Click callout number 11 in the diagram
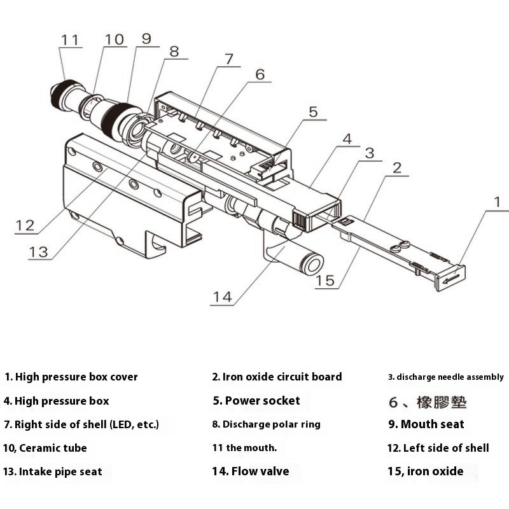point(71,39)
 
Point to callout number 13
point(39,251)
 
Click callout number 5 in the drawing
point(313,112)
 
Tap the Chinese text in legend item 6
point(442,402)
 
